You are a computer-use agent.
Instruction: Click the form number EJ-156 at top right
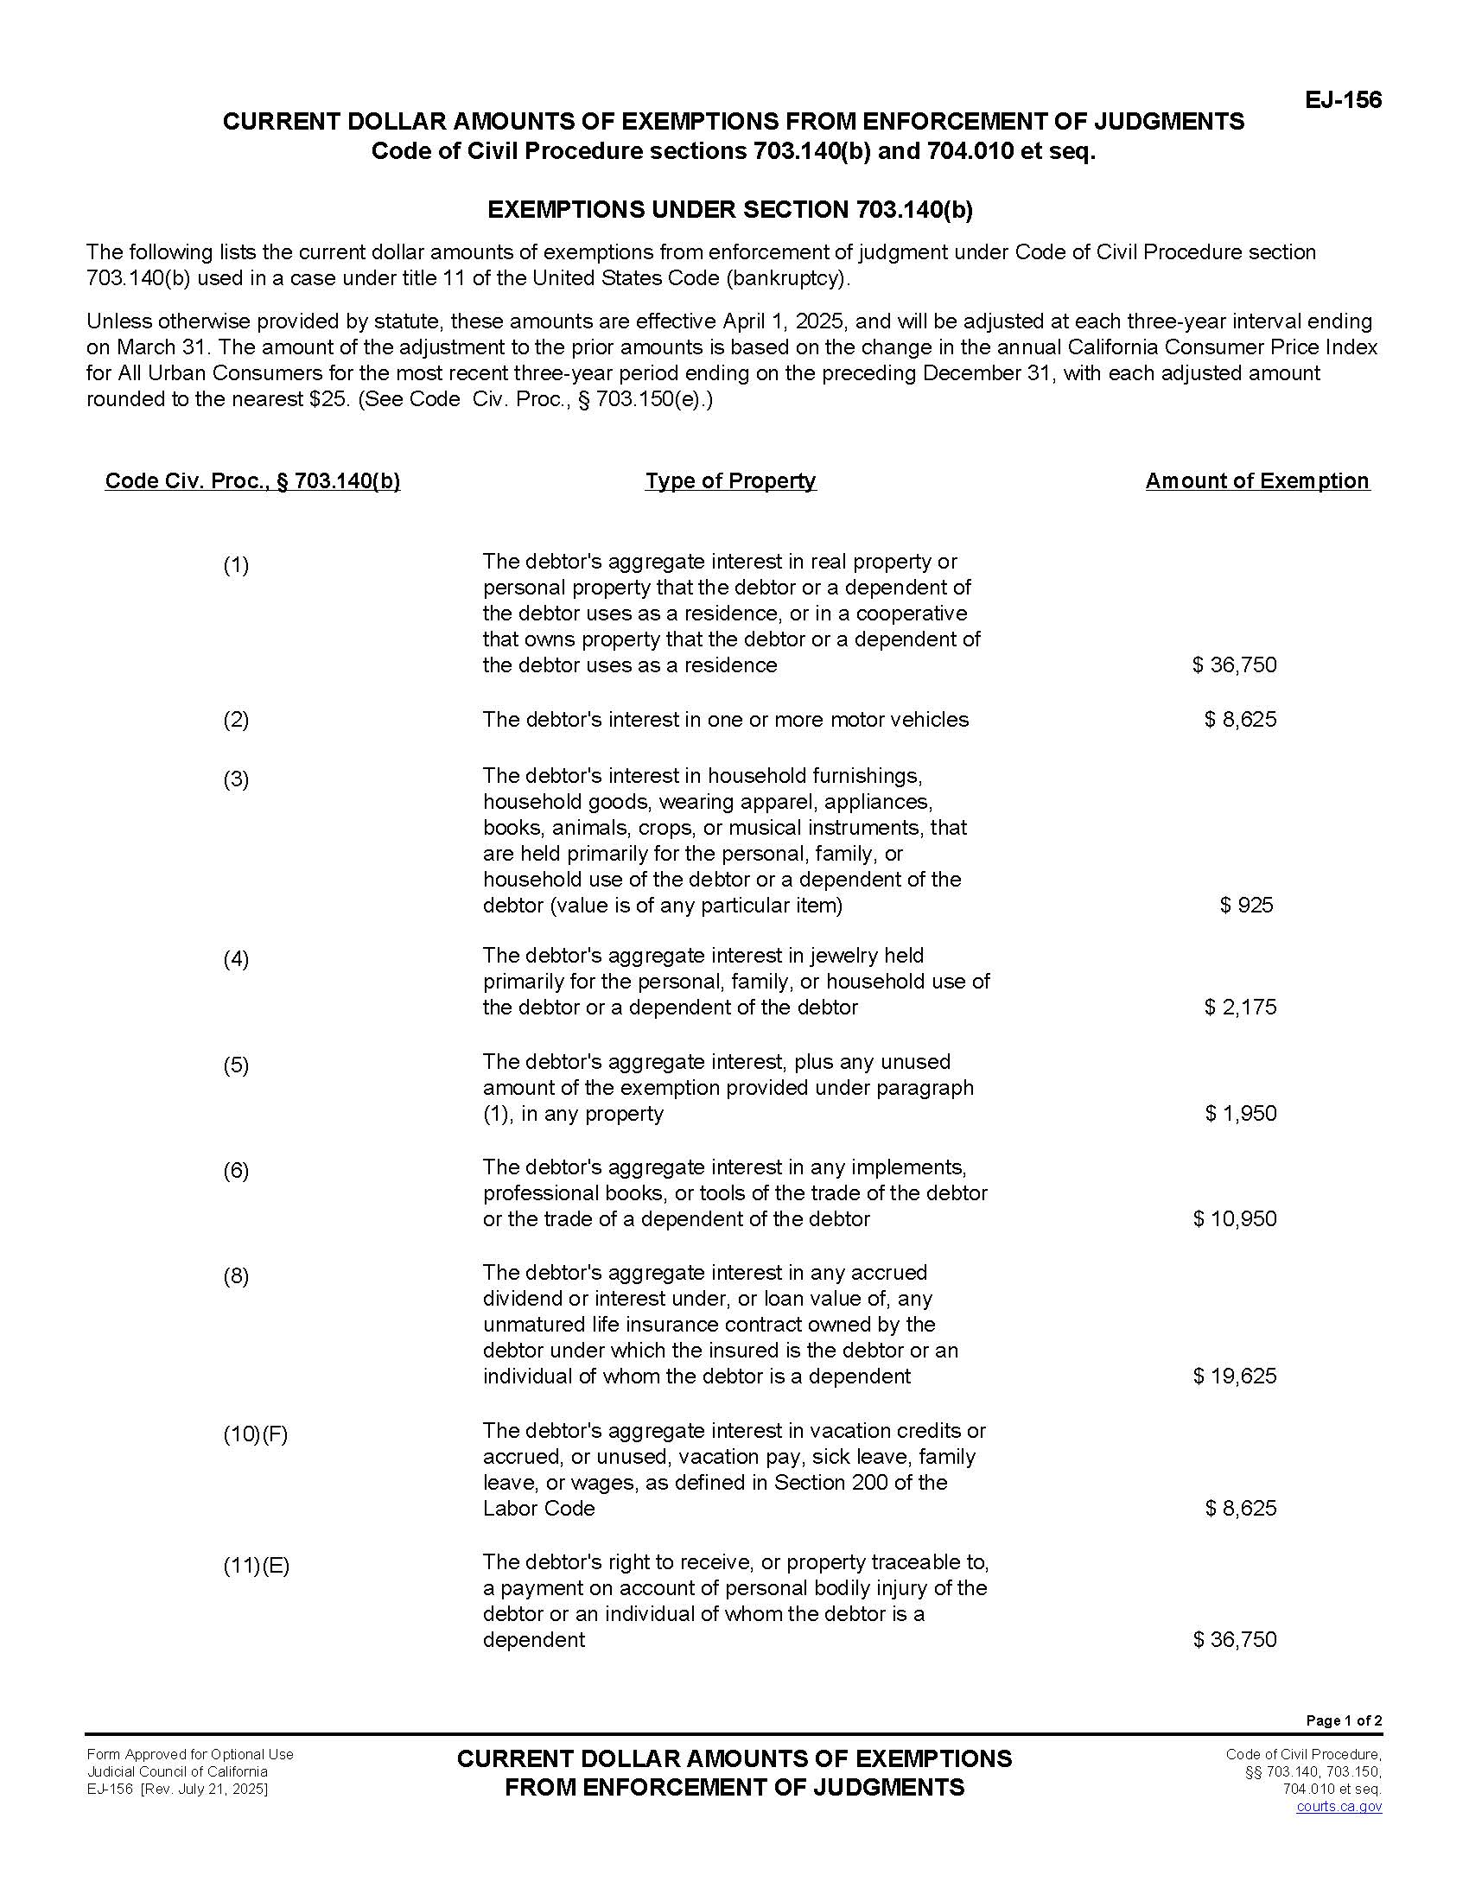click(x=1342, y=100)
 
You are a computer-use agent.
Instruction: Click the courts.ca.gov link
click(x=1339, y=1806)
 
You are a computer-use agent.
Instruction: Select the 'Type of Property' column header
click(x=730, y=480)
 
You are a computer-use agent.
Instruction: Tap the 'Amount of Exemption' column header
click(x=1256, y=480)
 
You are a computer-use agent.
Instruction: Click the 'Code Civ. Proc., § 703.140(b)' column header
click(x=252, y=480)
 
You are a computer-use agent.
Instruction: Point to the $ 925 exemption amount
click(x=1246, y=905)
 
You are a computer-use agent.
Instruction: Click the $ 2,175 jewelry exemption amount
click(x=1240, y=1007)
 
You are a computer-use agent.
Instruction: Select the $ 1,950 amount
click(x=1240, y=1113)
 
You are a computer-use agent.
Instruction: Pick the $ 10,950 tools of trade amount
click(x=1235, y=1218)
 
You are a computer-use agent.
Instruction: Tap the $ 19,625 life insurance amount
click(x=1235, y=1376)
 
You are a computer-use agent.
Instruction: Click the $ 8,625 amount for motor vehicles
click(x=1240, y=719)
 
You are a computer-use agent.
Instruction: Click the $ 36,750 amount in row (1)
click(x=1235, y=665)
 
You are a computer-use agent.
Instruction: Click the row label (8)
click(x=236, y=1276)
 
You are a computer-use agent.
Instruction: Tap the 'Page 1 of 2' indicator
click(x=1344, y=1720)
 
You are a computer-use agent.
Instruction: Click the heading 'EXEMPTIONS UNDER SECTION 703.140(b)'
click(x=729, y=210)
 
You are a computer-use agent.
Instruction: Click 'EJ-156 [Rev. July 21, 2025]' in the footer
click(x=177, y=1789)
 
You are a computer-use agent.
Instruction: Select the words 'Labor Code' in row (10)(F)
click(x=538, y=1509)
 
